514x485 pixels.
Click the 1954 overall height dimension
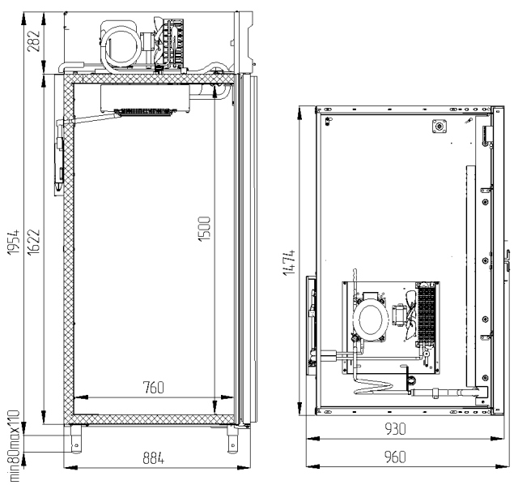[14, 242]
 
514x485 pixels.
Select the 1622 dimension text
[34, 242]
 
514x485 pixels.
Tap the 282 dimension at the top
[33, 41]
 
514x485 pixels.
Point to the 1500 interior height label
[204, 229]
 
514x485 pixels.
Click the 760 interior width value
[154, 388]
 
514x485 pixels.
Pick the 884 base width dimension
[154, 457]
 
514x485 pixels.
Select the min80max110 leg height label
[14, 446]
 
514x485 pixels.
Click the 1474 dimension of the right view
[289, 263]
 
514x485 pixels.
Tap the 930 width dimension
[395, 428]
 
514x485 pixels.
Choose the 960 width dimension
[395, 457]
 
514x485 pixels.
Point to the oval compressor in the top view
[371, 320]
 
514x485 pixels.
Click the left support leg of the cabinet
[76, 439]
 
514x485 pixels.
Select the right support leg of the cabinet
[232, 440]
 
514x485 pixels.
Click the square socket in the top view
[440, 126]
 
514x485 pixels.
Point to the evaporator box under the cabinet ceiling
[145, 98]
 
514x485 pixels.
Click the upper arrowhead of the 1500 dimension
[215, 92]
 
